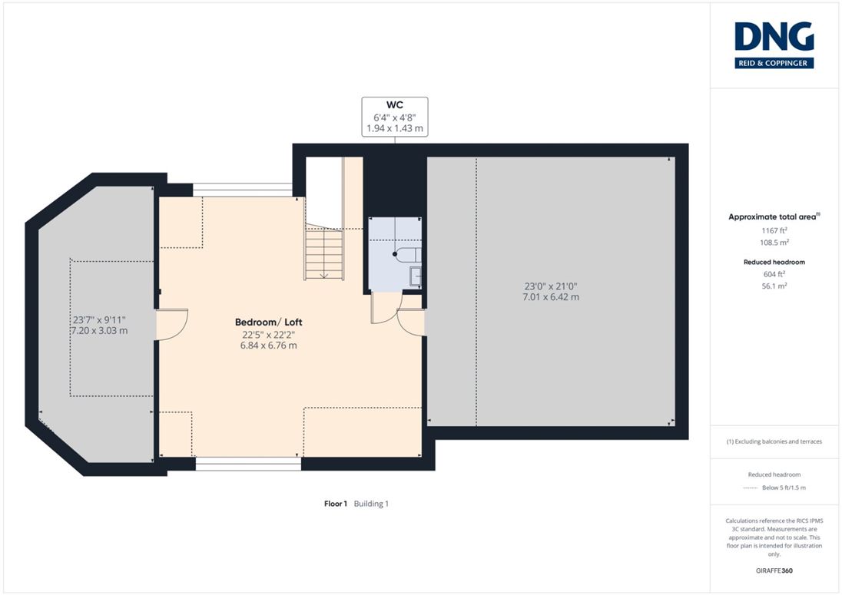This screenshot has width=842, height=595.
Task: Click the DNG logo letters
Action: point(774,37)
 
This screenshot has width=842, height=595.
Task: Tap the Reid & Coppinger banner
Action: point(774,63)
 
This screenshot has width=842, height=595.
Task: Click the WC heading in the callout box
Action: point(394,104)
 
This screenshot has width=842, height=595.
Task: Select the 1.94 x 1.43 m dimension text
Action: point(395,128)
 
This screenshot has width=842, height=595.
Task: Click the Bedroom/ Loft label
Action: point(268,322)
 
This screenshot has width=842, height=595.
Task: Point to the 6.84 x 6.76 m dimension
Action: point(268,345)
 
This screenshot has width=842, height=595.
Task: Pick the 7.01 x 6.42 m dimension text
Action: point(551,296)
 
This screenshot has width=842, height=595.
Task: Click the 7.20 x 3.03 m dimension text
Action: point(99,330)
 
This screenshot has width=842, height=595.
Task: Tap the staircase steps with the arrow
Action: point(323,254)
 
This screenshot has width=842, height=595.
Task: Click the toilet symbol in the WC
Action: point(407,254)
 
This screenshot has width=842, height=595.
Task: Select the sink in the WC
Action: point(416,276)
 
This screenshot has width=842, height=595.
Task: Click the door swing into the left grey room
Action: point(172,324)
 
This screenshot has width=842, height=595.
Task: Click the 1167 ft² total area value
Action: point(774,230)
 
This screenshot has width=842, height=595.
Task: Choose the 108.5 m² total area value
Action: point(774,243)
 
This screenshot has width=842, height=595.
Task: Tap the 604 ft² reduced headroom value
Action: point(774,274)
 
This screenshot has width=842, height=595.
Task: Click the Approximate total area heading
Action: point(774,217)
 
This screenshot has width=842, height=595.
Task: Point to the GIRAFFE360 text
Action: point(774,571)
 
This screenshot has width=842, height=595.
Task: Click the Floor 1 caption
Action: point(336,504)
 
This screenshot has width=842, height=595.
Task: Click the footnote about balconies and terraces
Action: point(774,441)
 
